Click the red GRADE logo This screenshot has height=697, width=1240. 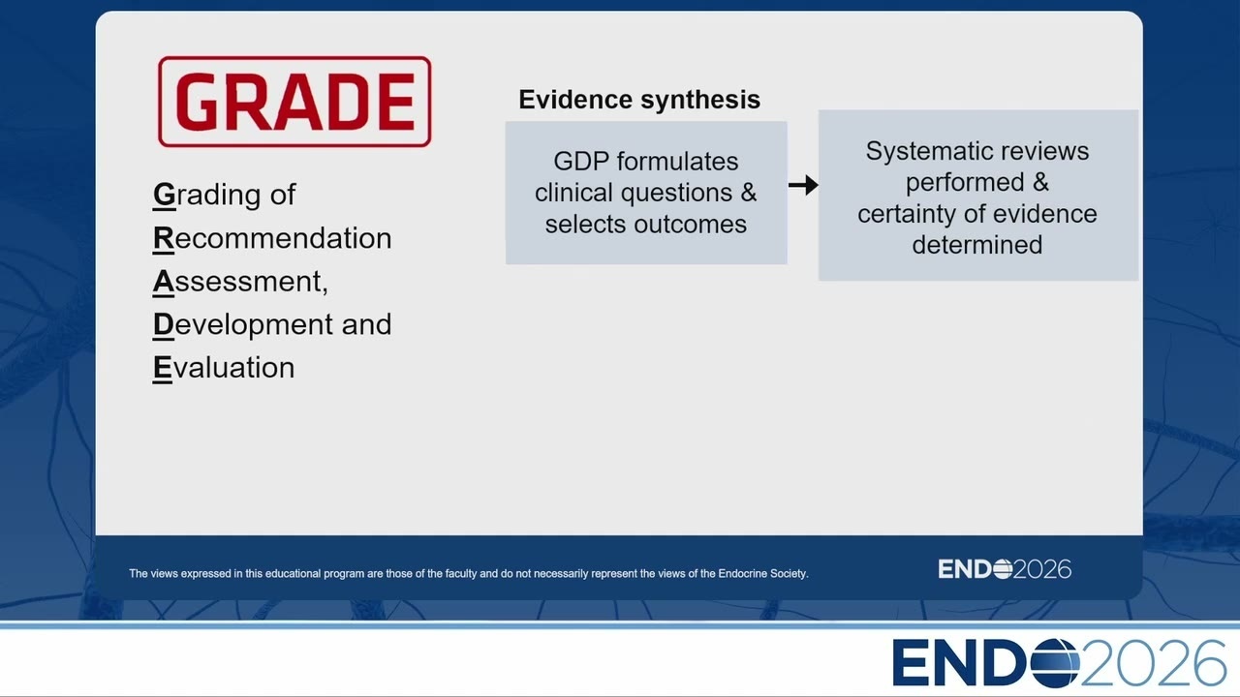click(294, 102)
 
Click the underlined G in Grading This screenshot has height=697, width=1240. click(164, 196)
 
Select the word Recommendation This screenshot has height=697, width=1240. click(272, 238)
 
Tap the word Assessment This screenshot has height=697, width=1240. click(240, 281)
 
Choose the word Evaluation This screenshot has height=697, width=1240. click(224, 368)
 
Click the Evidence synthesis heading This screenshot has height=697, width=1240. click(639, 100)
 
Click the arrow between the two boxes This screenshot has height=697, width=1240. click(803, 185)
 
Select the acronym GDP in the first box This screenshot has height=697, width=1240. click(581, 162)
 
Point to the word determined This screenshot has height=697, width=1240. click(977, 245)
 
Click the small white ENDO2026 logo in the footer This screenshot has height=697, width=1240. click(1005, 569)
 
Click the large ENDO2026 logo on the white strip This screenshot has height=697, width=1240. click(1059, 663)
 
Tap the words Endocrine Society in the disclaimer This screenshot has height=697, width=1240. click(763, 574)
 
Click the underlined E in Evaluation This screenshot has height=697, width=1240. click(163, 368)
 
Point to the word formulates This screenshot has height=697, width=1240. click(677, 162)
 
